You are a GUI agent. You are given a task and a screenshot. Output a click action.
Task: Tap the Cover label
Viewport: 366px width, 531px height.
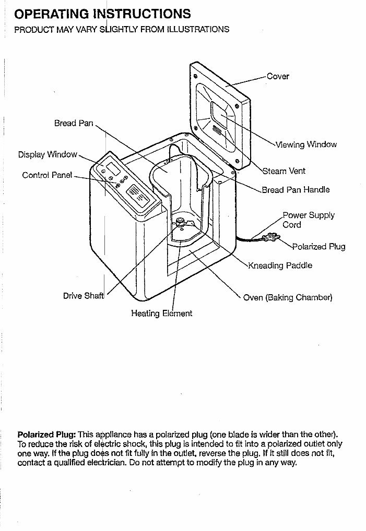(278, 76)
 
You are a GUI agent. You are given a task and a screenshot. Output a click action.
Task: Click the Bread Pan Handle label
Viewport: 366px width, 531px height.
(296, 190)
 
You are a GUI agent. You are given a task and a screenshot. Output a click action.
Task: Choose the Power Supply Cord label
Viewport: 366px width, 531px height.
(309, 220)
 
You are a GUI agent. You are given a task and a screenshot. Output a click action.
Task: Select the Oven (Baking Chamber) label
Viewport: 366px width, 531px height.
(288, 298)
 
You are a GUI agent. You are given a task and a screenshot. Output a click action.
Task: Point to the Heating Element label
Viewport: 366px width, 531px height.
(161, 313)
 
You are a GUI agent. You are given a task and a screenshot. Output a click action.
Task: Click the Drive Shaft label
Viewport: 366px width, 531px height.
(84, 296)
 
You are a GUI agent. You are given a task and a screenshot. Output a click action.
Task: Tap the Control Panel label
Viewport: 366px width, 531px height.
(47, 175)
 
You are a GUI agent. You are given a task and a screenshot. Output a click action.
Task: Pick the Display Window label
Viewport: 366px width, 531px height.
(48, 155)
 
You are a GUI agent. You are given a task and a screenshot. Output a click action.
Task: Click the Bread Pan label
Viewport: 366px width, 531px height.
(74, 124)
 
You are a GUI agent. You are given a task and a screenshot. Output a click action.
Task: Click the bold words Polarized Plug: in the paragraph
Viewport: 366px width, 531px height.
(47, 434)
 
